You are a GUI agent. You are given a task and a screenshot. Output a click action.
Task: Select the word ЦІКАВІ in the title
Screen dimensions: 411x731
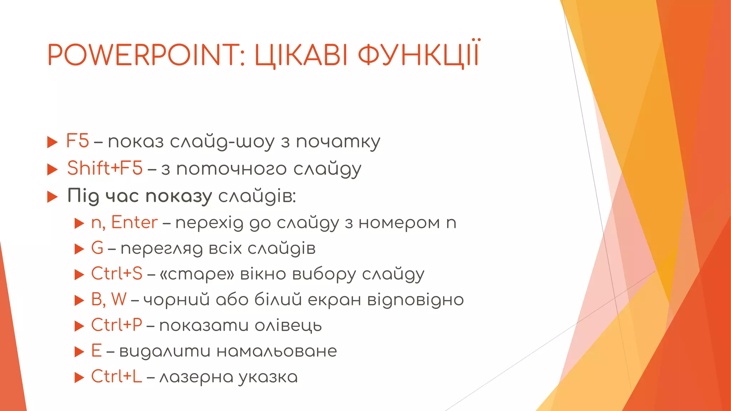pos(301,56)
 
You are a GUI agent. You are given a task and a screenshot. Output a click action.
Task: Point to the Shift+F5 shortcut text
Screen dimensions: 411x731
pos(105,168)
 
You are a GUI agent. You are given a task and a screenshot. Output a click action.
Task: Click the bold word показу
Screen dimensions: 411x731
pos(179,196)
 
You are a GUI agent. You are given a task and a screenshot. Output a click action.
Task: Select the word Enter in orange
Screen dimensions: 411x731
pos(135,222)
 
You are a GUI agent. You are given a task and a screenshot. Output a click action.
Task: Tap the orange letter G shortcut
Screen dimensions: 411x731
pos(97,248)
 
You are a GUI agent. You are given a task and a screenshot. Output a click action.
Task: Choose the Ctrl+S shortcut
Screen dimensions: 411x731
pos(117,274)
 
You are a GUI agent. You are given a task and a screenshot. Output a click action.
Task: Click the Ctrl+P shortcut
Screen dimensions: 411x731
pos(117,325)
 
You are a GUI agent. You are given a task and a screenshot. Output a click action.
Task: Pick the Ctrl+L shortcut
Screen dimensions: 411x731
pos(116,376)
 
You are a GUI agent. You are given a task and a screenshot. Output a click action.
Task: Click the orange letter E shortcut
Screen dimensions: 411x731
pos(96,351)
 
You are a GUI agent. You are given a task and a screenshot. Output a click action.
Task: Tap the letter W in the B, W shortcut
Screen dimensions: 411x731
pos(119,299)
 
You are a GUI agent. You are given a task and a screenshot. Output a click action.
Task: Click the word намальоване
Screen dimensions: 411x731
pos(277,351)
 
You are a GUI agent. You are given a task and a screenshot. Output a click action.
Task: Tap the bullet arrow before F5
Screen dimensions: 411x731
pos(52,142)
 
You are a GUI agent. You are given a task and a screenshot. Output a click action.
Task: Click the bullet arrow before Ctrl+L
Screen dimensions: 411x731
pos(79,377)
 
